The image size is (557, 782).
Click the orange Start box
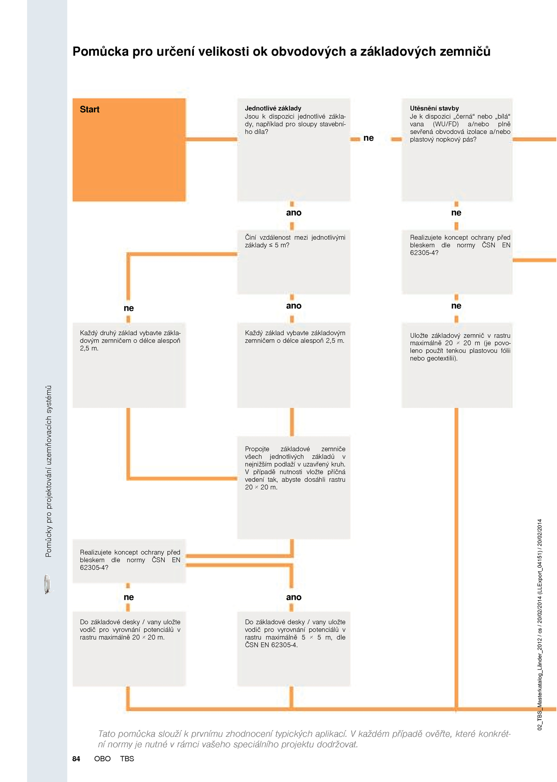129,150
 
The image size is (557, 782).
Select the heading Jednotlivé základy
273,108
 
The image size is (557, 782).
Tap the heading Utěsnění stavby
434,108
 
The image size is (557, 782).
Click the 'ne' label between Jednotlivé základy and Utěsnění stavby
368,138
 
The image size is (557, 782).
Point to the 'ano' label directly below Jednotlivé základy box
293,212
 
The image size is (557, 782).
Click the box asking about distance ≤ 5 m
293,262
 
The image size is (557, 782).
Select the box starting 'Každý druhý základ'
129,365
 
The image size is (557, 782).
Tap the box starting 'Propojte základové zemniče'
293,487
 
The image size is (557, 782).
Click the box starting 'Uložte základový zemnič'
457,365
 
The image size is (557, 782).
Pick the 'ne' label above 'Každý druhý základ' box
128,308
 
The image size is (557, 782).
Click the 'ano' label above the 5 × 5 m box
293,597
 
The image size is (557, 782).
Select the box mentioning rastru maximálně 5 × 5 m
293,649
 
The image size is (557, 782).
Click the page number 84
76,759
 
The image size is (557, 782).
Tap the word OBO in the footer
102,759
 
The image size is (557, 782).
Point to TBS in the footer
127,759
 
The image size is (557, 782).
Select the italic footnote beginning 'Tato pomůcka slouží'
304,739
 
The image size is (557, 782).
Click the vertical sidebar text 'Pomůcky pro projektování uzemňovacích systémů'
48,471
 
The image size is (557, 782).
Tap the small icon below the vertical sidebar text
47,584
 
